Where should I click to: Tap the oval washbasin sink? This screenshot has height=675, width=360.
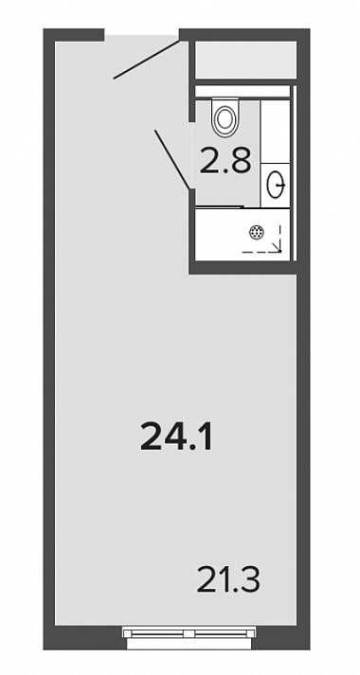click(275, 185)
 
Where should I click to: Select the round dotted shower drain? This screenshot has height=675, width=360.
click(256, 233)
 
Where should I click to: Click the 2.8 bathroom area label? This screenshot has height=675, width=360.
click(225, 160)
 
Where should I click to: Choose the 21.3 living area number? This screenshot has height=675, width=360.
click(228, 579)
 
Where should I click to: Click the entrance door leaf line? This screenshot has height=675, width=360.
click(146, 60)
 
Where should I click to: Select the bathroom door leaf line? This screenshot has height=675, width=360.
click(171, 159)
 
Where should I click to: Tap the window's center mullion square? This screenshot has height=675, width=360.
click(189, 633)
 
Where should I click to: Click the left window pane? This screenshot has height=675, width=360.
click(157, 632)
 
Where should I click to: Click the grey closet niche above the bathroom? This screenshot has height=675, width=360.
click(246, 60)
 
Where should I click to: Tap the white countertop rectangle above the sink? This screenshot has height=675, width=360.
click(275, 132)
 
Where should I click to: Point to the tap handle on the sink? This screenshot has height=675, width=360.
click(281, 185)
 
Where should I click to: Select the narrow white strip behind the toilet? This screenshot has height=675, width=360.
click(242, 91)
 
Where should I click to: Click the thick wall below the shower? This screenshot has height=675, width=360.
click(243, 267)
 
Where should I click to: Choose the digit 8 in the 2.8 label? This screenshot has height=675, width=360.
click(241, 160)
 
